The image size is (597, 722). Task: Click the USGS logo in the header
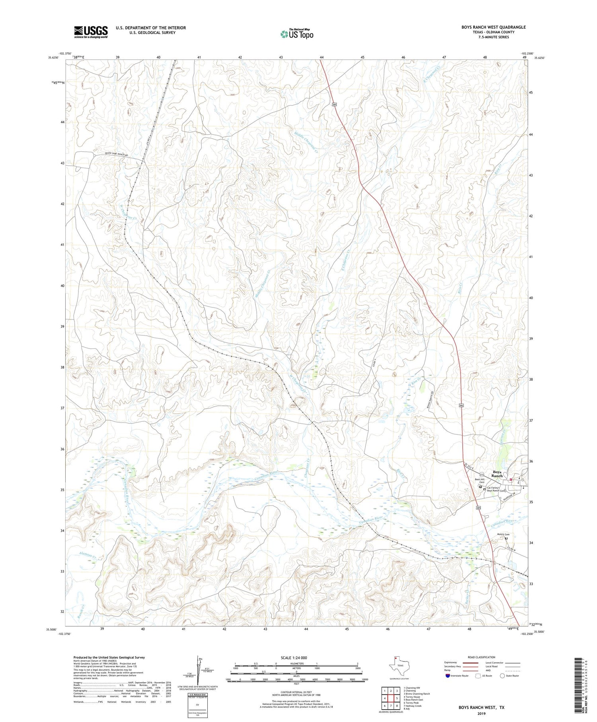click(91, 32)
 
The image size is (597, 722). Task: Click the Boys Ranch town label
click(497, 474)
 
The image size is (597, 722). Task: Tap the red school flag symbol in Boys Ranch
click(511, 479)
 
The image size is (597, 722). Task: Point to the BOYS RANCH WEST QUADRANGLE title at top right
click(488, 27)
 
